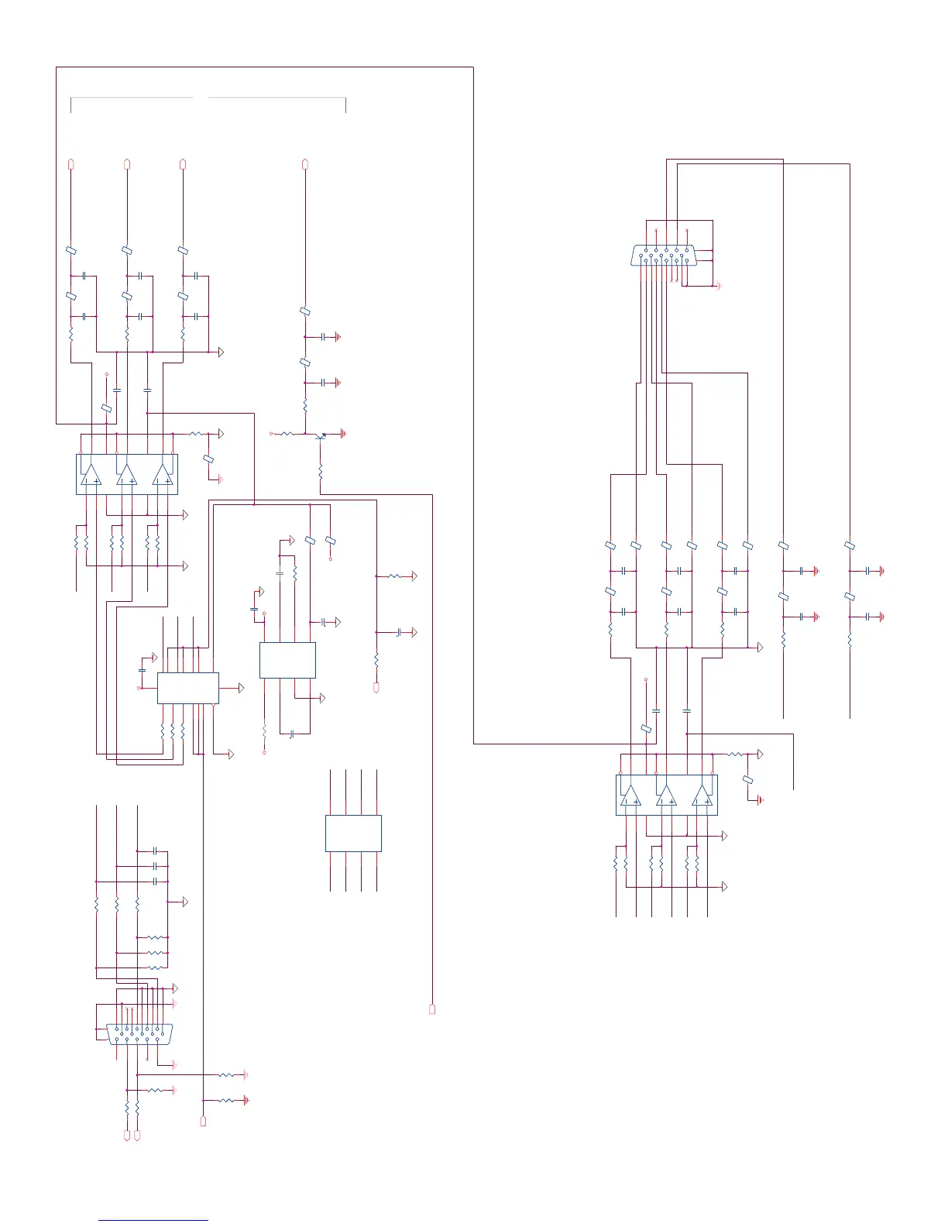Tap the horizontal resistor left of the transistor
tap(288, 434)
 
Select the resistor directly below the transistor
tap(321, 470)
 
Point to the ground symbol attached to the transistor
tap(343, 434)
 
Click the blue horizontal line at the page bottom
tap(153, 1221)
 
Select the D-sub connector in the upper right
tap(664, 256)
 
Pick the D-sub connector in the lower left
tap(139, 1034)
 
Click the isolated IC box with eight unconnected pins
tap(353, 833)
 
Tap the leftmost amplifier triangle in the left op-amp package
tap(91, 475)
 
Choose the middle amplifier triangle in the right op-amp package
tap(666, 796)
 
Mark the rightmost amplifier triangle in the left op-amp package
tap(163, 475)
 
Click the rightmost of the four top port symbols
tap(305, 163)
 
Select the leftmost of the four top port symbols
tap(71, 163)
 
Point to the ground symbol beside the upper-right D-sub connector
tap(719, 286)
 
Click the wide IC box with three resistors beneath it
tap(187, 688)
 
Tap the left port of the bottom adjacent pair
tap(127, 1135)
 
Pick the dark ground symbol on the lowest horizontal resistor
tap(246, 1100)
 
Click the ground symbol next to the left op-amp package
tap(220, 479)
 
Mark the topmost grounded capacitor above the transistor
tap(324, 337)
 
